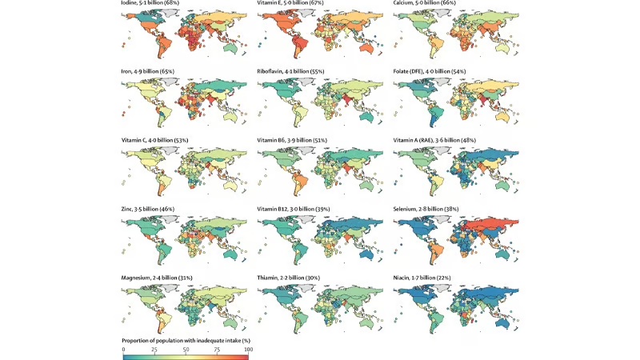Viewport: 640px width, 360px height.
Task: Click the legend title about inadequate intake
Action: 186,342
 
